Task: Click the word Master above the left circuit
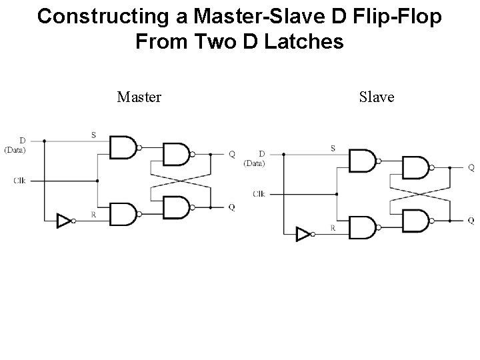(139, 97)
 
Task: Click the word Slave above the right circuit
(377, 97)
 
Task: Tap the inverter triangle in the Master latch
(64, 221)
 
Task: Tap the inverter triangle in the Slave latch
(303, 234)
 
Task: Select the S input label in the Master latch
(93, 135)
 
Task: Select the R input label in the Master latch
(93, 214)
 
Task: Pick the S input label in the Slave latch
(333, 147)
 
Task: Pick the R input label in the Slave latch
(333, 227)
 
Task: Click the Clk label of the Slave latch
(259, 193)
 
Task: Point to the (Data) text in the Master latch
(15, 149)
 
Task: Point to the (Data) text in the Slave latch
(254, 163)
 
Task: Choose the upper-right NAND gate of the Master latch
(177, 154)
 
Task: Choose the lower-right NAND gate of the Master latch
(177, 207)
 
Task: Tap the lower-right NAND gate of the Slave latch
(416, 220)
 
